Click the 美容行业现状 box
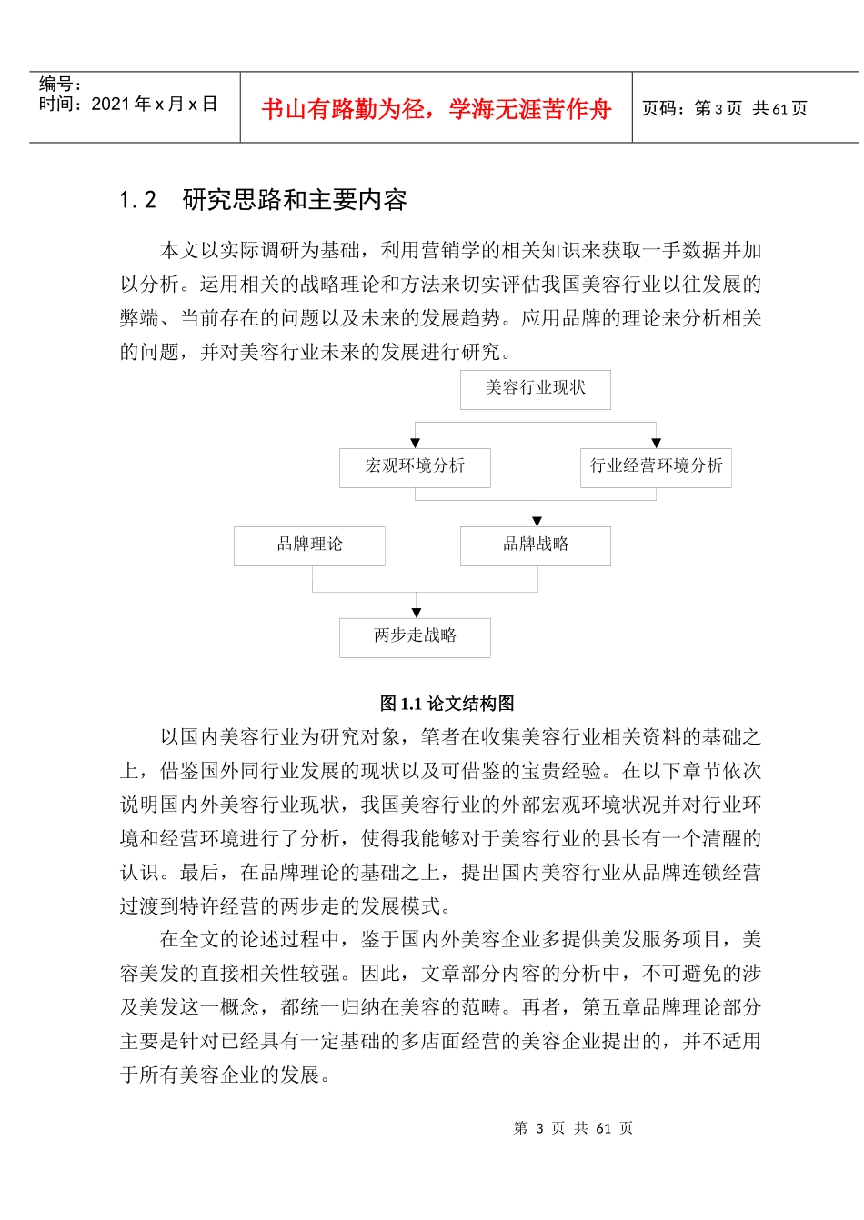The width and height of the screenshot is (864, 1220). click(x=535, y=388)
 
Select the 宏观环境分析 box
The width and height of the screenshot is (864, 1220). click(x=415, y=466)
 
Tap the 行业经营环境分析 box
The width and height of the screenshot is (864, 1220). click(x=656, y=466)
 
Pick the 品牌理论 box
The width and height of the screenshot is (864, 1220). click(x=309, y=545)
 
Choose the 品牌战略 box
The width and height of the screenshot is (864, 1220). click(x=536, y=545)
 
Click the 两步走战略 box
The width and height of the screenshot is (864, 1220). click(x=415, y=636)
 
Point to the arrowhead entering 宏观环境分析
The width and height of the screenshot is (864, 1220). click(x=416, y=443)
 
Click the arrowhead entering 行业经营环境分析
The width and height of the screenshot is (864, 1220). click(x=657, y=443)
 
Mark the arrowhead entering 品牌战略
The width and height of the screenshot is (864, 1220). click(x=537, y=521)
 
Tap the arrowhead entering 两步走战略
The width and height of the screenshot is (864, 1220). click(x=417, y=613)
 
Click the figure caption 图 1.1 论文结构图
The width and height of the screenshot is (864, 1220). click(x=447, y=704)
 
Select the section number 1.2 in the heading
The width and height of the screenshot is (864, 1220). click(x=138, y=200)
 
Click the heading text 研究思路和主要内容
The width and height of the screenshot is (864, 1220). click(x=295, y=200)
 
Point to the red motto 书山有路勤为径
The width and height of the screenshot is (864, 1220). click(x=343, y=110)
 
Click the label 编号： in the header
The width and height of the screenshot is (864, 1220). click(x=60, y=85)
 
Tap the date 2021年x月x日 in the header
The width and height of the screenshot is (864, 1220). click(x=154, y=105)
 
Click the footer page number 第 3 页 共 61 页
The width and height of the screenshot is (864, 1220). click(x=573, y=1128)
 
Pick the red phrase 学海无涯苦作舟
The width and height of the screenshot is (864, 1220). click(x=530, y=110)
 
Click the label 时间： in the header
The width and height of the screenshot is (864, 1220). click(x=60, y=105)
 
